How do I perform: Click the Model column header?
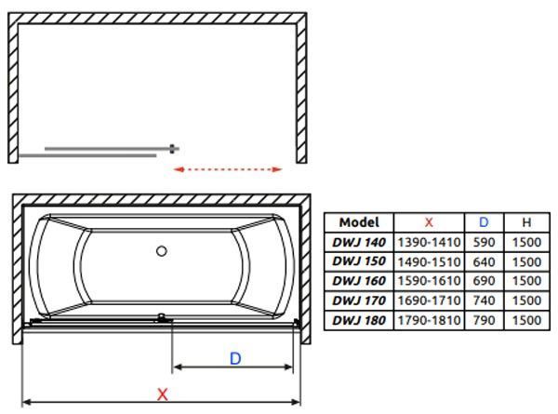pos(359,222)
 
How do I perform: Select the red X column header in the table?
pos(429,222)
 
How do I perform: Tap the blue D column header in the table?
pos(484,222)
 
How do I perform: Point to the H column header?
pos(526,222)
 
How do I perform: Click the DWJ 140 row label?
pos(359,243)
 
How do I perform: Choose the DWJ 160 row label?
pos(359,281)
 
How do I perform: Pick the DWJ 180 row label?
pos(359,320)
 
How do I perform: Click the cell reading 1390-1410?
pos(429,243)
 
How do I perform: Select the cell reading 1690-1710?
pos(429,300)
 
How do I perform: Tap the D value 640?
pos(484,262)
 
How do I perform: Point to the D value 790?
pos(484,320)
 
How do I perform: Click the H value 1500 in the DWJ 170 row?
pos(526,300)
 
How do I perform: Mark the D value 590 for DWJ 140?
pos(484,243)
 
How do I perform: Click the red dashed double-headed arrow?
pos(228,169)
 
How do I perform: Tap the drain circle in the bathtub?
pos(162,251)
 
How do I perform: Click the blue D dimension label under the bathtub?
pos(235,358)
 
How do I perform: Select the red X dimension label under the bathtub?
pos(162,394)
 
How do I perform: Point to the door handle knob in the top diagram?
pos(172,149)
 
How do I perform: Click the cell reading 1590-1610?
pos(429,281)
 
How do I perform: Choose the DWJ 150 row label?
pos(359,261)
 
